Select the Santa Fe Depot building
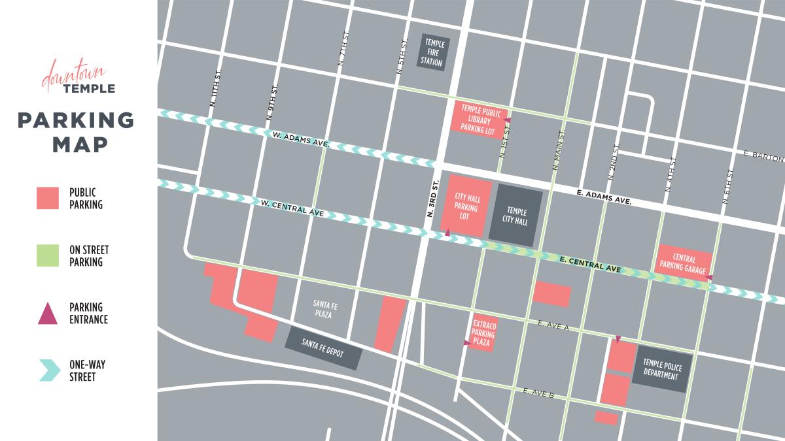point(324,348)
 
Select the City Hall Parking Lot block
point(466,204)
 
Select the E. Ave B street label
point(539,392)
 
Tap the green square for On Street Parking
point(48,255)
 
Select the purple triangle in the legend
point(48,313)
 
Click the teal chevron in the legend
point(48,370)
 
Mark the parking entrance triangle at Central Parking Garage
point(708,278)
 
